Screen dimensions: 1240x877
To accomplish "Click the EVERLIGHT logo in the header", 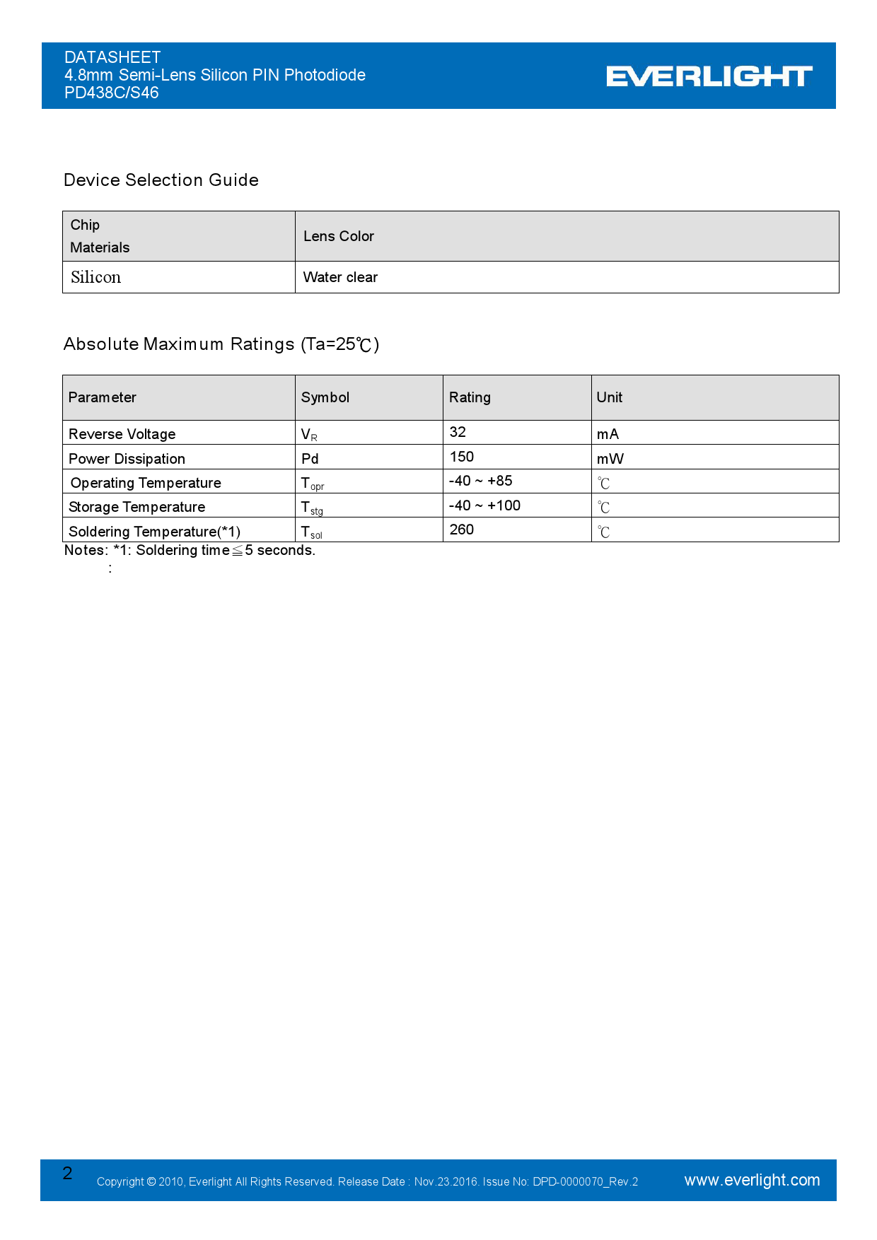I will [x=709, y=76].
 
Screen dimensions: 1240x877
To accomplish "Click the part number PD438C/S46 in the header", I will [x=112, y=93].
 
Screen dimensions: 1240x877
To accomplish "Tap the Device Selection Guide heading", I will [x=161, y=180].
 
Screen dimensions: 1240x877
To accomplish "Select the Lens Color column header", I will [x=339, y=236].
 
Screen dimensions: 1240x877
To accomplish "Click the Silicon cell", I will [x=96, y=277].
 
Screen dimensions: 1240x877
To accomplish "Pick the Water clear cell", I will [x=340, y=277].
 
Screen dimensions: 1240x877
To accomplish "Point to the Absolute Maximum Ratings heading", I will [x=221, y=344].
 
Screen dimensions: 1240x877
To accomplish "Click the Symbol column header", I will [x=325, y=397].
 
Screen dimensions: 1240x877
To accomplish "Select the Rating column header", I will [x=470, y=397].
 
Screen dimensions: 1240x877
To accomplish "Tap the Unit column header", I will [x=609, y=397].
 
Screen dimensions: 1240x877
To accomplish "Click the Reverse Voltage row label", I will [x=122, y=434].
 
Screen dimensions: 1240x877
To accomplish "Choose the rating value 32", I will [x=458, y=432].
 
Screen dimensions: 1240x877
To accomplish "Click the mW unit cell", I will [x=610, y=459].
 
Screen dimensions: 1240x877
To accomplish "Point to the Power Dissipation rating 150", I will [x=462, y=457].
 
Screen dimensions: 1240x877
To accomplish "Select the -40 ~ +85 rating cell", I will [x=481, y=481].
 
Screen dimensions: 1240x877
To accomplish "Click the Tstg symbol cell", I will [x=312, y=508].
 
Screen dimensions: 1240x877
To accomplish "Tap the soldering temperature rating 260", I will [x=462, y=530].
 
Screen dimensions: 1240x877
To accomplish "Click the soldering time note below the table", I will [x=190, y=550].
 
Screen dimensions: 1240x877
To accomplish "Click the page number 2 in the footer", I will [x=68, y=1174].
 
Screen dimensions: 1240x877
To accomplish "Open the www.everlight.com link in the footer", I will [x=752, y=1180].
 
